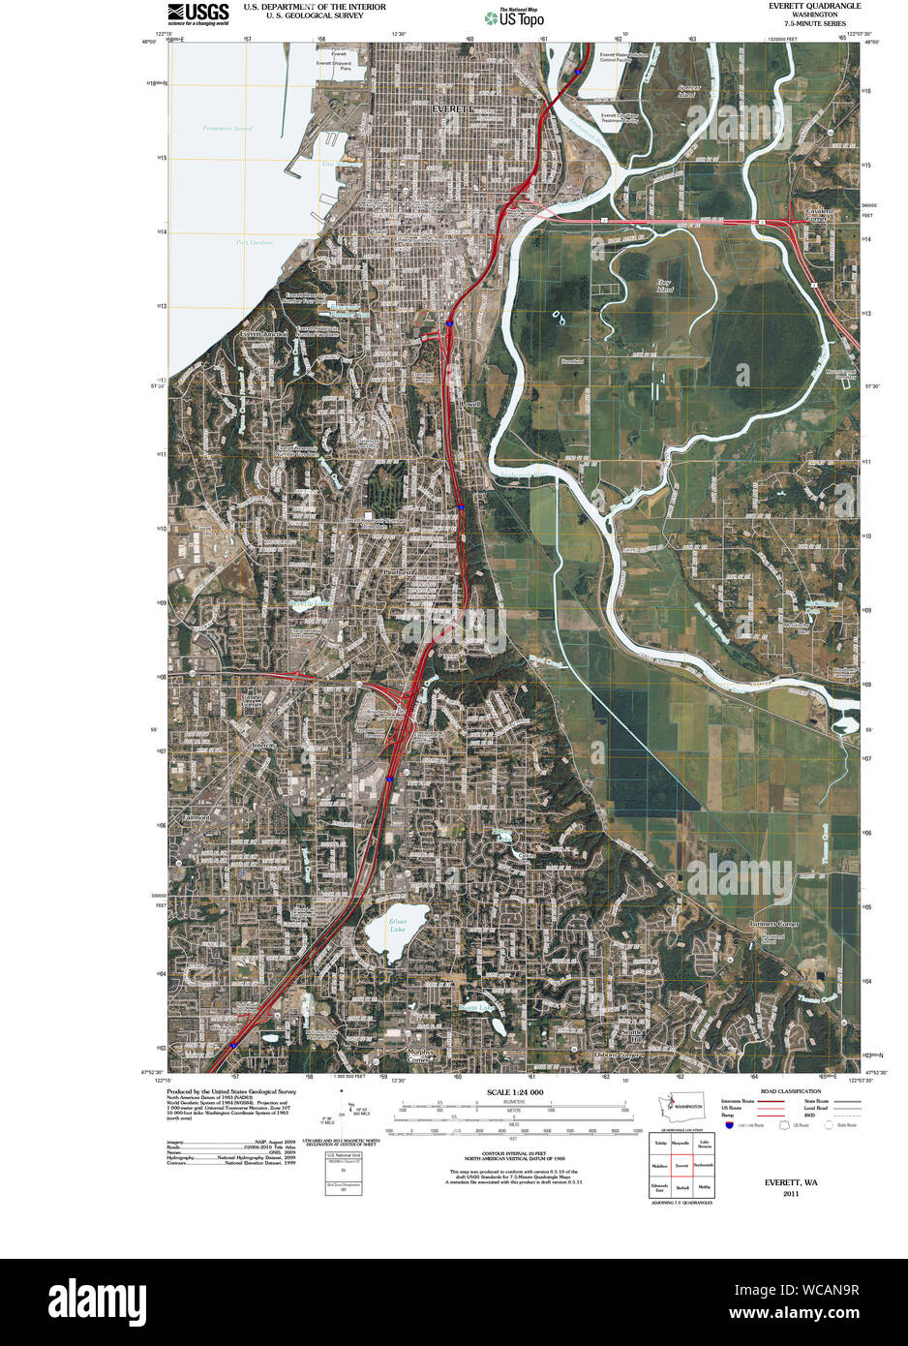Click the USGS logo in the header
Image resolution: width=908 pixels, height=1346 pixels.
[x=198, y=13]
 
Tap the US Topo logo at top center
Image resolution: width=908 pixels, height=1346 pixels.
[x=514, y=16]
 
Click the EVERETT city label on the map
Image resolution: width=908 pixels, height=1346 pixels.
[x=452, y=109]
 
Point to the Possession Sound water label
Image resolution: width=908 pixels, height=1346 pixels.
[x=227, y=128]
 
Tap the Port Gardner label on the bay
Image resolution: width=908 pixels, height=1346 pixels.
[x=255, y=242]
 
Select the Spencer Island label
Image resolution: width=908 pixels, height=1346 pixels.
[x=686, y=93]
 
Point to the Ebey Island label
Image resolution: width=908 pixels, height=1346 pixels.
[x=664, y=286]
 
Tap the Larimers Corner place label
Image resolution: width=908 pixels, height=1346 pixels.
[x=774, y=924]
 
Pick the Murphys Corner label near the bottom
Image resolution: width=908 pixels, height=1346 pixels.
[x=418, y=1055]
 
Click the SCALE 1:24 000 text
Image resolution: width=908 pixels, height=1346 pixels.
[x=514, y=1092]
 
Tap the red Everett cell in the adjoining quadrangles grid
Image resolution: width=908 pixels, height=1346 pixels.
[x=681, y=1165]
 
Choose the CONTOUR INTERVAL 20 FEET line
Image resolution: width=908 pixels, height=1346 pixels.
[x=514, y=1152]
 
